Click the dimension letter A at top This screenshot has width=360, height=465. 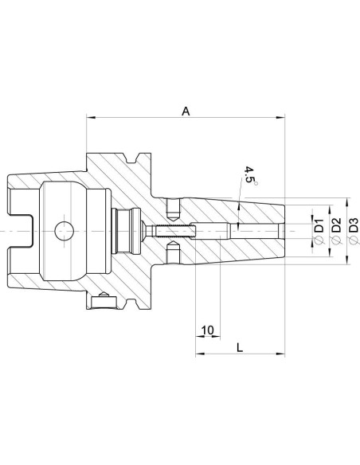(186, 111)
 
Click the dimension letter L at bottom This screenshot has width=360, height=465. (240, 347)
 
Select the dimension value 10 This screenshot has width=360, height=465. (208, 330)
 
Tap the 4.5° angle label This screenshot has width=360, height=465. (250, 178)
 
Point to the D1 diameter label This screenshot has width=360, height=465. (319, 225)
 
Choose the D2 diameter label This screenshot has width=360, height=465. (336, 225)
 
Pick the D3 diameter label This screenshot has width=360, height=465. (354, 225)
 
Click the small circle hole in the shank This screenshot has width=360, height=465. (65, 231)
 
